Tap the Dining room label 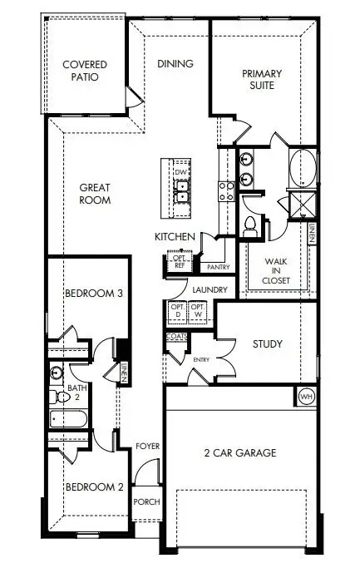(x=175, y=64)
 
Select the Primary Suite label (x=262, y=79)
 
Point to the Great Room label (x=96, y=194)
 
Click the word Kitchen (x=175, y=238)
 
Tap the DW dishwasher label (x=179, y=172)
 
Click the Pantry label (x=218, y=267)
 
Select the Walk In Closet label (x=276, y=270)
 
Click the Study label (x=267, y=343)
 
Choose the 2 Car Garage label (x=240, y=453)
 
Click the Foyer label (x=147, y=447)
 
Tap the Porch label (x=146, y=501)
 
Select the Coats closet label (x=176, y=336)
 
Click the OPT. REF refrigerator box (x=179, y=262)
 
